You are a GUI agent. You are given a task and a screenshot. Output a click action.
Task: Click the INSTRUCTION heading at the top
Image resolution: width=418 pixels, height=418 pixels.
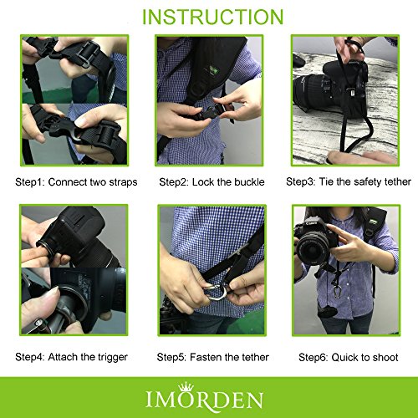coord(213,18)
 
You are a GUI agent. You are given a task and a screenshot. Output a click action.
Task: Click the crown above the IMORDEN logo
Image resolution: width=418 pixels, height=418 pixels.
coord(186,387)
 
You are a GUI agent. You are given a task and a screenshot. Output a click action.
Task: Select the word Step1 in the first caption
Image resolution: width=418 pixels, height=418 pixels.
coord(28,182)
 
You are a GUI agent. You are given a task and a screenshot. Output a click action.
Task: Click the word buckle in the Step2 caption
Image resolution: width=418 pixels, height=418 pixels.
coord(249,182)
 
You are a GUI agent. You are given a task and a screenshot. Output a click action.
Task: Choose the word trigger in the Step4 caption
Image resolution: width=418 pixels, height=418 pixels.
coord(112,357)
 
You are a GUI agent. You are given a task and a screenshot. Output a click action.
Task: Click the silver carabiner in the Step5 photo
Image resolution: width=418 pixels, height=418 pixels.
coord(215,292)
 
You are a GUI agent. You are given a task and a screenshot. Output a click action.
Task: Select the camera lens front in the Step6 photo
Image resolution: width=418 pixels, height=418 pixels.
coord(312,249)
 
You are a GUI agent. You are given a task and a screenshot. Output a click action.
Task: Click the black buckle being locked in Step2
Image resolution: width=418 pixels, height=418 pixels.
coord(208,112)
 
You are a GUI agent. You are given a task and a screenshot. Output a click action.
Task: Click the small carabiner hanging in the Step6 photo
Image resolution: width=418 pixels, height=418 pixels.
coord(338,292)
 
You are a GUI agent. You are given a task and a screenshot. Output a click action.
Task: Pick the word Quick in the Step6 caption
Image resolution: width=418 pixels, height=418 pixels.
coord(344,357)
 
